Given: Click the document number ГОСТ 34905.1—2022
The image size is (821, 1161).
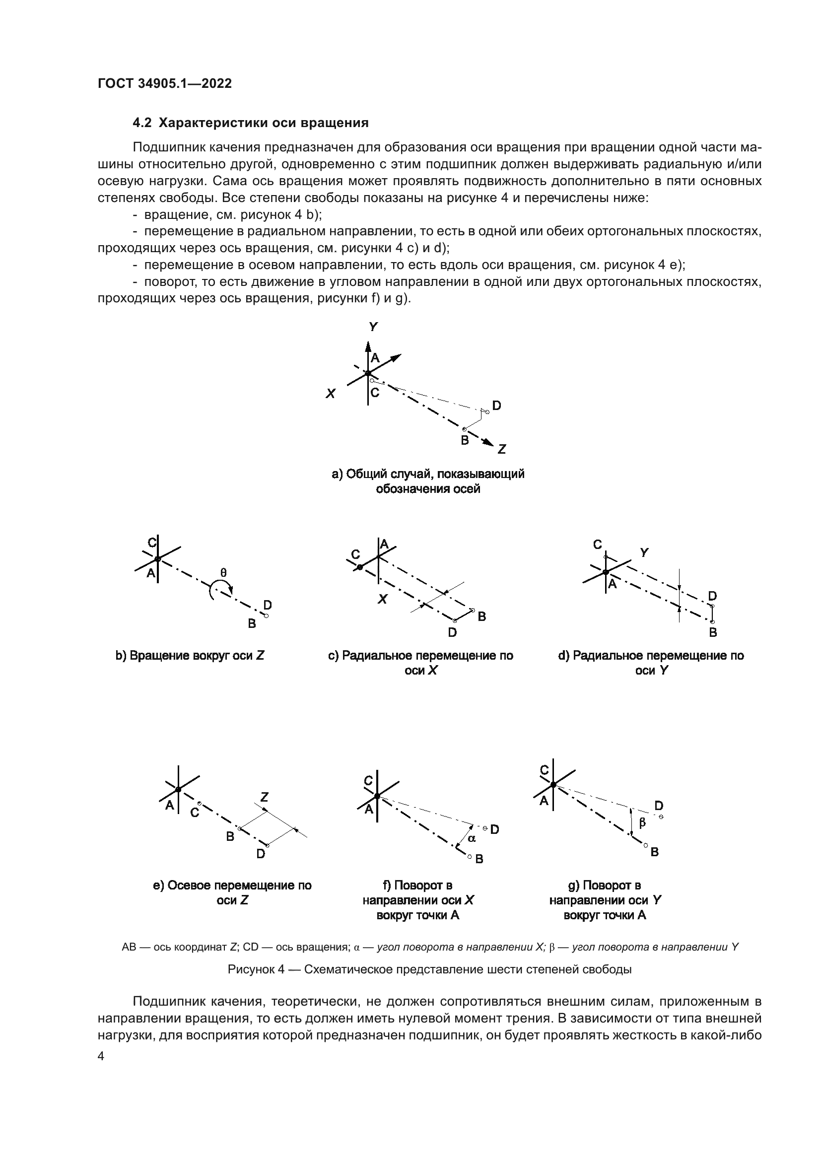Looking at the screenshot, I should pos(165,84).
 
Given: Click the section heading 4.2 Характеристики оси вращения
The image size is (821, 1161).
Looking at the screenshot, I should pos(250,123).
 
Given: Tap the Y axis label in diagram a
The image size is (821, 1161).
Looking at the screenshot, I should pos(373,327).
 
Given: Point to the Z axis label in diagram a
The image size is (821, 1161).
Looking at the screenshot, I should pos(501,449).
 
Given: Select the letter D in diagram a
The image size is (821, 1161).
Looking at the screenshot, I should pos(496,406).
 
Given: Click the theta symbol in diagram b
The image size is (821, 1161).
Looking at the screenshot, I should pos(223,573).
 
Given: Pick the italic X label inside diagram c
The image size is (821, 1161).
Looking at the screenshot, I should pos(383,599).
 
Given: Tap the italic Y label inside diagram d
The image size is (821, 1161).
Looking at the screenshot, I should pos(644,552).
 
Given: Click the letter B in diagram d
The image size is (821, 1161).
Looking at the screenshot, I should pos(713,632).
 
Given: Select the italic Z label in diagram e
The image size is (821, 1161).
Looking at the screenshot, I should pos(264,798).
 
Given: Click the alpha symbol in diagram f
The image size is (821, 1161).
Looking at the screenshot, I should pos(472,838).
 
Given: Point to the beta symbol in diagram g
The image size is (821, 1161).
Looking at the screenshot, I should pos(642,822).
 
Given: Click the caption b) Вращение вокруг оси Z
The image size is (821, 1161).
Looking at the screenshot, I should pos(190,656).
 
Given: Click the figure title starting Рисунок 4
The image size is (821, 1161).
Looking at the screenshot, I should pos(430,969).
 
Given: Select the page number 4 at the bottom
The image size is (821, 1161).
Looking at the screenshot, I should pos(101,1056).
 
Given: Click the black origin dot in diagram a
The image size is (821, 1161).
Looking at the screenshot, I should pos(368,373).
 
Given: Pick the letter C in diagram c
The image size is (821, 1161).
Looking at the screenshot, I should pos(355,555).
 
